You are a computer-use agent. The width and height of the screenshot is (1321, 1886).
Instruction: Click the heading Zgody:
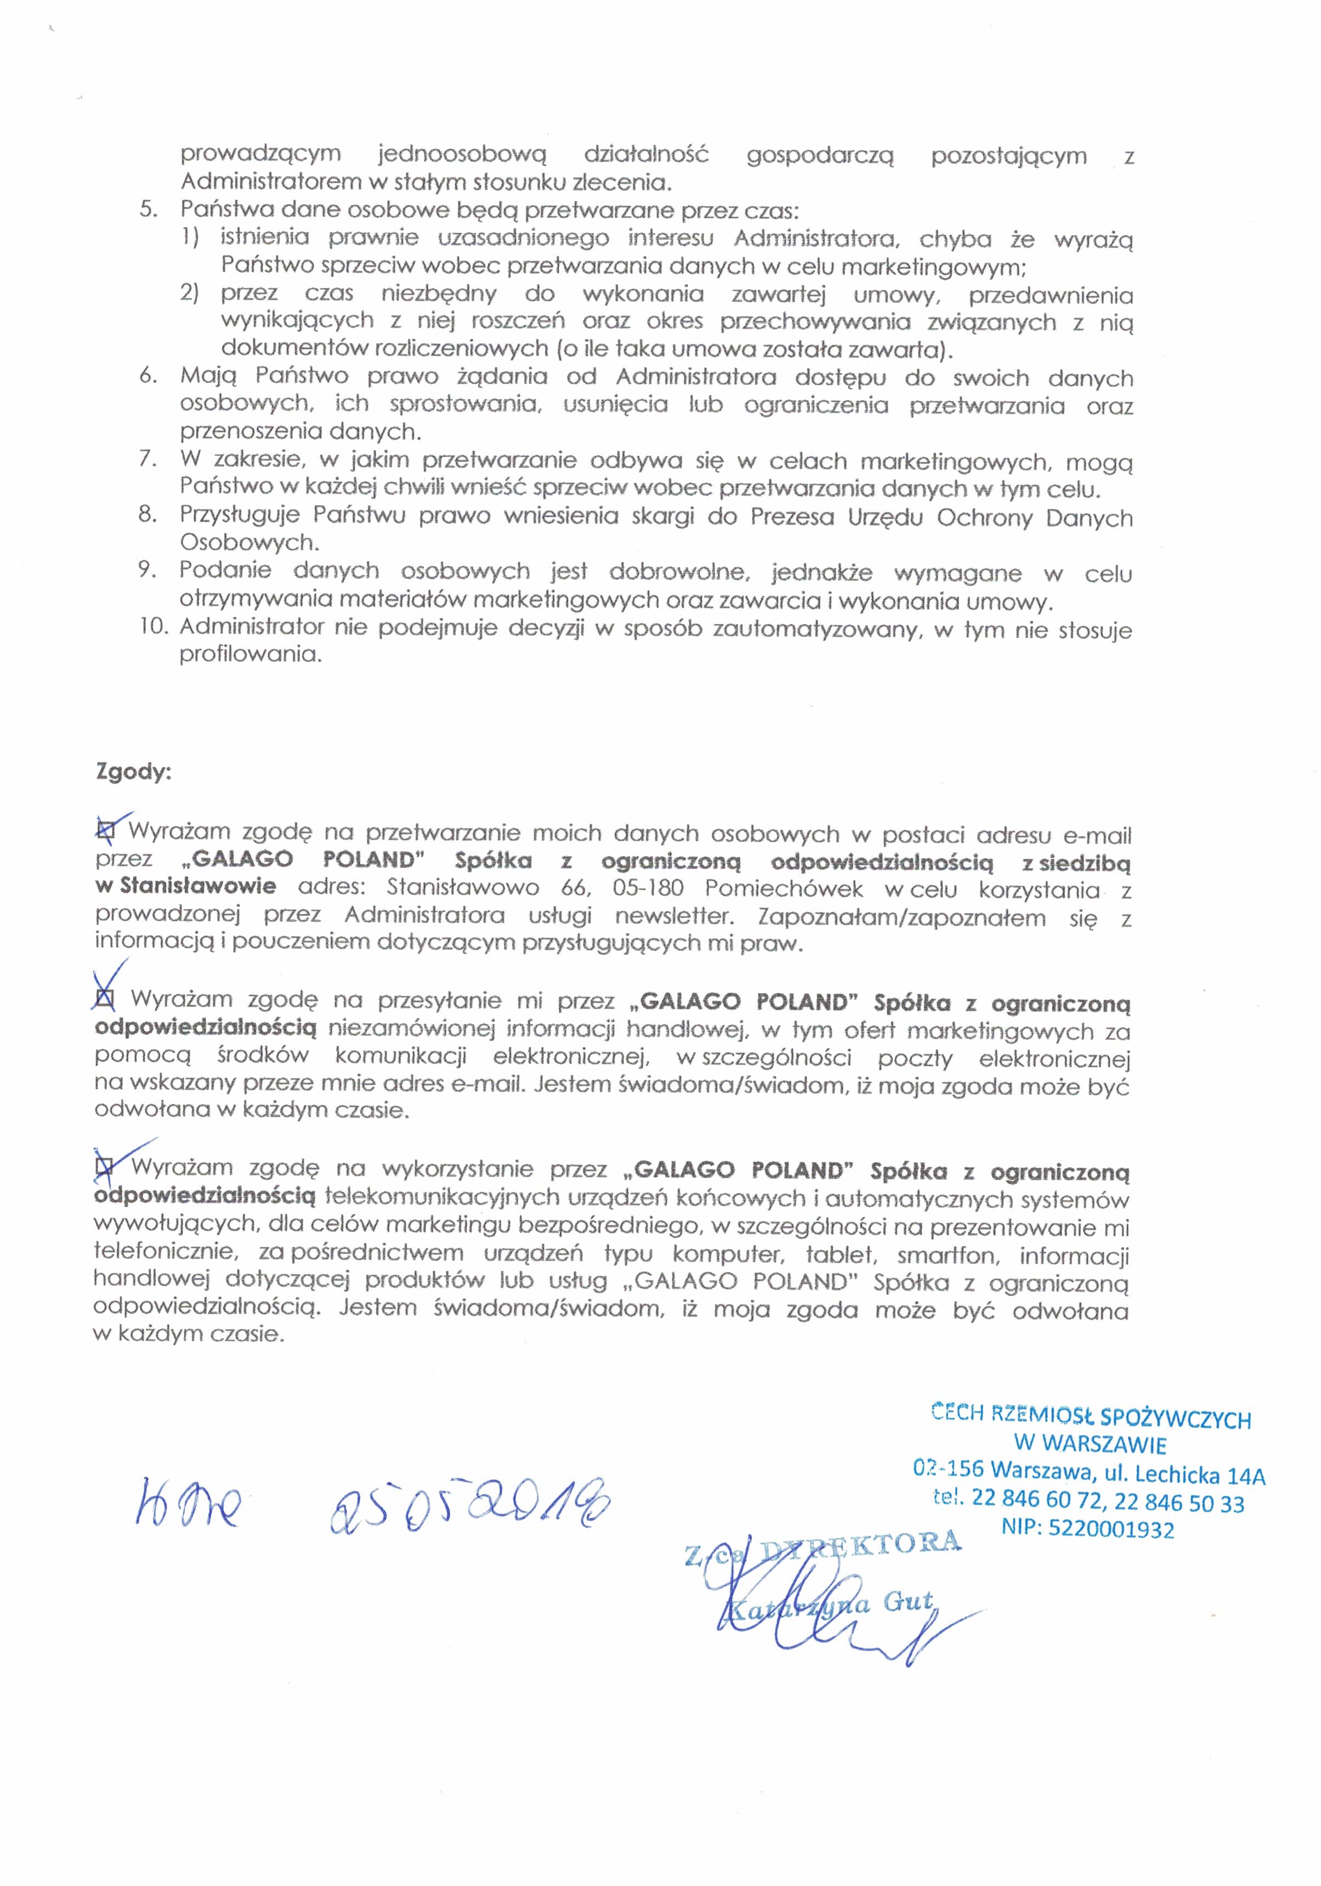133,772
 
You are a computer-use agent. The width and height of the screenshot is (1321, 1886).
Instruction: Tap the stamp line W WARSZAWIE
1090,1443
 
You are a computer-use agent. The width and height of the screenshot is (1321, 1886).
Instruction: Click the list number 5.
147,209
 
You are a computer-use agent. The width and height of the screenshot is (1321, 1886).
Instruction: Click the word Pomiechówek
784,889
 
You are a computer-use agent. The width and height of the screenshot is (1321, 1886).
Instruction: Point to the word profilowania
250,655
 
